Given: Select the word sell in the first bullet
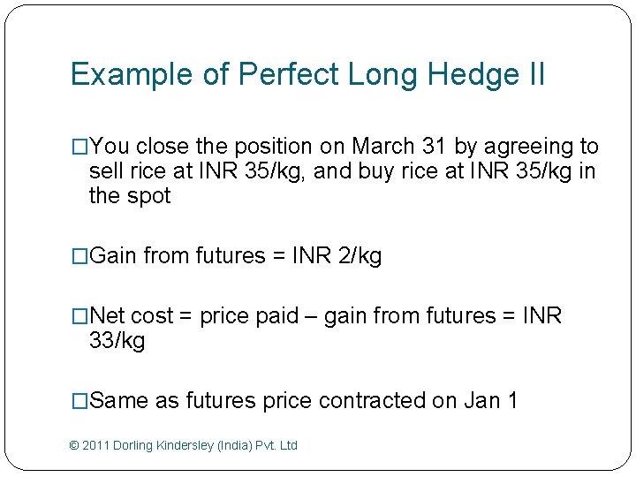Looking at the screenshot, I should point(108,171).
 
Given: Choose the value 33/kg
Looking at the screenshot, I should point(117,341).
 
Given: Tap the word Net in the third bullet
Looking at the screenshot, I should point(109,316).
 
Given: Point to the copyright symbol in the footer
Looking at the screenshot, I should point(73,446).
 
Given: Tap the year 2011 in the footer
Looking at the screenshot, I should point(95,446).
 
